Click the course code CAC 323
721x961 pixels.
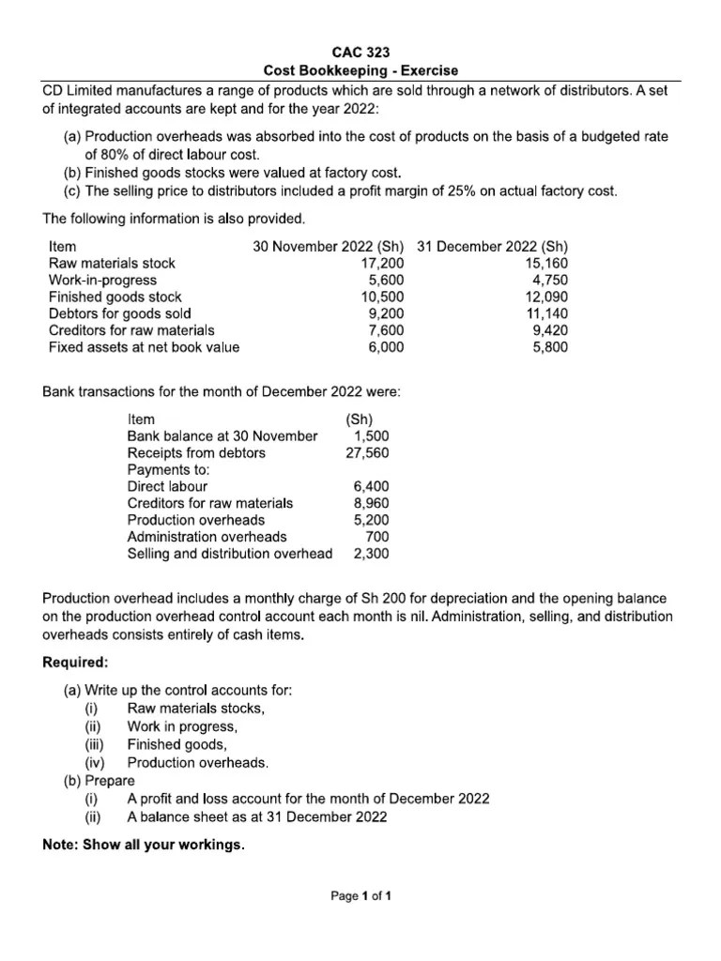(x=360, y=53)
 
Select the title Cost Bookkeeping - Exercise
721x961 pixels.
(x=360, y=71)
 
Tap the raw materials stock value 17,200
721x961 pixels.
(x=383, y=264)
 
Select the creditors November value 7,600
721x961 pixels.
(x=386, y=330)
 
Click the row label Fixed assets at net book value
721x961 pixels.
(x=144, y=347)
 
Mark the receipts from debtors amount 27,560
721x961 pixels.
(x=368, y=453)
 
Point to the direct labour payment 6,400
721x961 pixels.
(x=371, y=487)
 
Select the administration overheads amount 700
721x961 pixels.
(x=377, y=537)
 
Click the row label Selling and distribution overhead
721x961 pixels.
(x=229, y=554)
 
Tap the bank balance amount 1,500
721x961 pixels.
(x=371, y=436)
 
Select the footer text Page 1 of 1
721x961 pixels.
(x=360, y=896)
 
